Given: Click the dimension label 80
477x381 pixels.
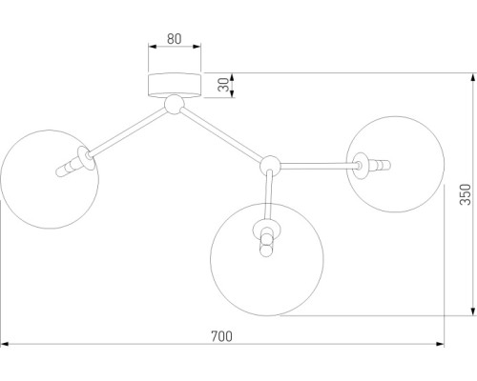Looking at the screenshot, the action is click(175, 39).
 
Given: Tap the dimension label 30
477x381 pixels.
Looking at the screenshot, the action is click(223, 85).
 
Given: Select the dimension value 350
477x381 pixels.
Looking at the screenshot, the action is click(465, 194).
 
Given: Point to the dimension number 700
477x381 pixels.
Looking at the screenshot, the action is click(222, 336).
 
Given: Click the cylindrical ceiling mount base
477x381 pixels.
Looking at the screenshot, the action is click(175, 85).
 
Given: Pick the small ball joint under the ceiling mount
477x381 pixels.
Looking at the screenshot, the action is click(174, 104).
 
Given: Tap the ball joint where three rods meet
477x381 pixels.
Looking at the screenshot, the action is click(270, 166).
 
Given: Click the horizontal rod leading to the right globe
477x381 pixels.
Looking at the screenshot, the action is click(318, 165).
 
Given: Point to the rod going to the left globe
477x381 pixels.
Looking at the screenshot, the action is click(128, 131).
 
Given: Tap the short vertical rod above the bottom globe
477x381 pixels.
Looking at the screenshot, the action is click(269, 194).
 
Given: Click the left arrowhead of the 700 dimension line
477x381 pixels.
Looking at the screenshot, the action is click(5, 344).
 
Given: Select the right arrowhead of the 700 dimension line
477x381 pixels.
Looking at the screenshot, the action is click(440, 344).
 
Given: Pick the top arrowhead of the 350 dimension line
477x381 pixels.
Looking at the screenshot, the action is click(473, 77).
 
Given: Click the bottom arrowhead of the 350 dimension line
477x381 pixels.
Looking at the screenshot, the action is click(473, 311).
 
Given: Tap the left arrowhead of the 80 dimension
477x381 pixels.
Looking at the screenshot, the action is click(153, 47).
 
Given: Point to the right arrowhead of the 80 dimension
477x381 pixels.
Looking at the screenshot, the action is click(197, 47).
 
